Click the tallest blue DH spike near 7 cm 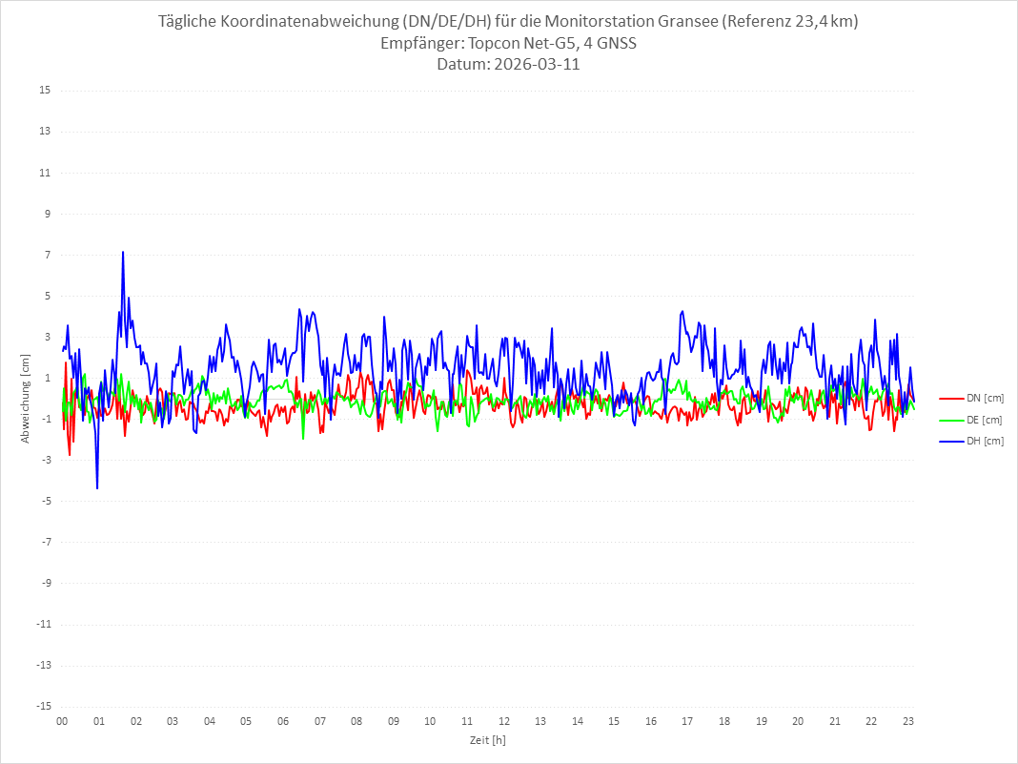123,253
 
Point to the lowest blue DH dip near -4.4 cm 97,487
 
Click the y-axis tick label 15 45,91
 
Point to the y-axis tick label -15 43,706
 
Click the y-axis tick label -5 45,501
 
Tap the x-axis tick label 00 62,721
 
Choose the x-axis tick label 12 504,721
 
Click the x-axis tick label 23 908,721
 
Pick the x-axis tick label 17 688,721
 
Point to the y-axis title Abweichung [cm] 26,399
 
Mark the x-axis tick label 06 283,721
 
